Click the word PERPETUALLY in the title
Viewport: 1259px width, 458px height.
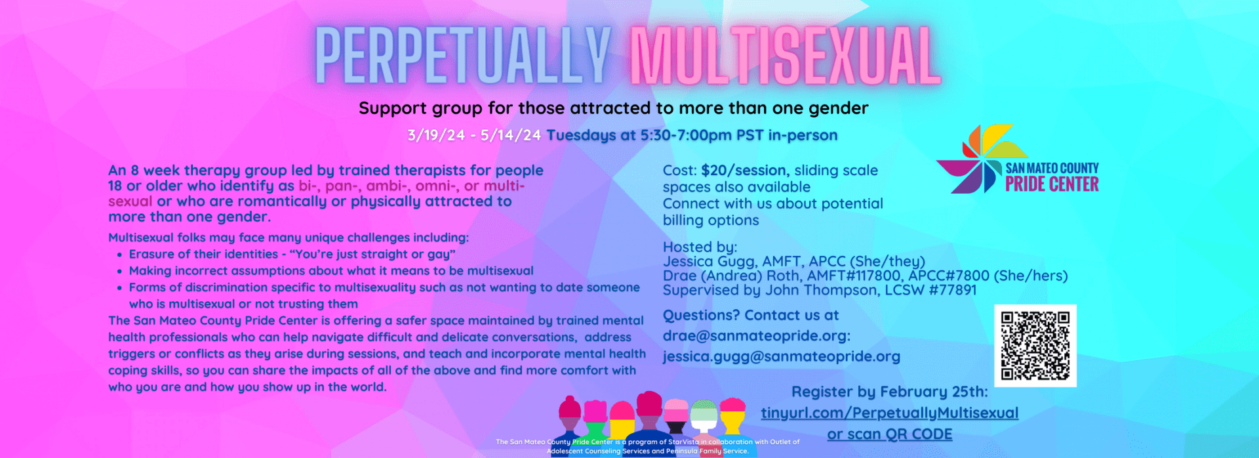pyautogui.click(x=463, y=56)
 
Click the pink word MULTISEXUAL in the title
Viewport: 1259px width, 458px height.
pyautogui.click(x=785, y=56)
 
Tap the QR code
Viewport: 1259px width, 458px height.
pyautogui.click(x=1035, y=345)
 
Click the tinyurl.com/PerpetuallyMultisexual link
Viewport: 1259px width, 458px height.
pyautogui.click(x=890, y=413)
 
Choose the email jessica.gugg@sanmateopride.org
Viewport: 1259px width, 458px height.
pyautogui.click(x=781, y=357)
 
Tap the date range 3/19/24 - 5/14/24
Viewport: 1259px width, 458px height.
pyautogui.click(x=474, y=135)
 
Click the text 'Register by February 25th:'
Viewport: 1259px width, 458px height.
pyautogui.click(x=889, y=392)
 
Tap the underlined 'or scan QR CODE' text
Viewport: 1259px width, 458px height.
pyautogui.click(x=890, y=434)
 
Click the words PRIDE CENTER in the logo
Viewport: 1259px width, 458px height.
pyautogui.click(x=1052, y=184)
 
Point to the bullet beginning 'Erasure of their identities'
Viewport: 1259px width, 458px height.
pyautogui.click(x=292, y=254)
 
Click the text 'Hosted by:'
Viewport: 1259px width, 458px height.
pyautogui.click(x=700, y=247)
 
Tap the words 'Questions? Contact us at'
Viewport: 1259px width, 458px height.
pyautogui.click(x=751, y=316)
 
